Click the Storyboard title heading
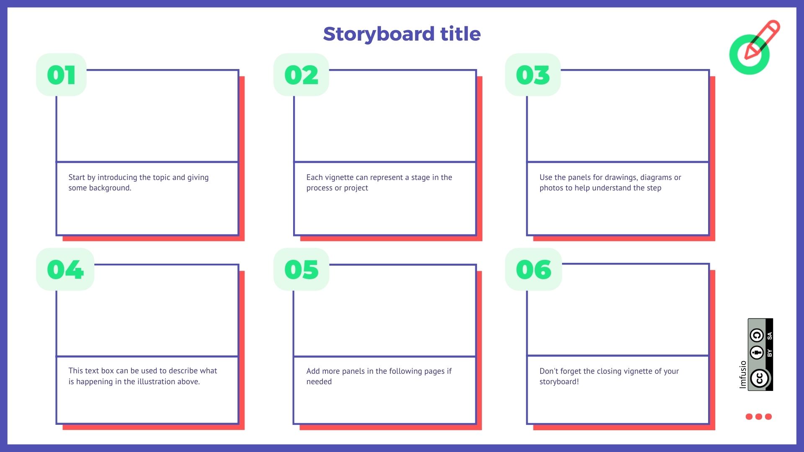point(402,34)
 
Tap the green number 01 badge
point(61,75)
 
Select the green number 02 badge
point(301,75)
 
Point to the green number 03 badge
point(533,75)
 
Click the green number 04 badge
point(65,270)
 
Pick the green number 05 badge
point(301,270)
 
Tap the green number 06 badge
point(533,270)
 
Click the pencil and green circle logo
point(754,47)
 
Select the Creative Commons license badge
point(760,354)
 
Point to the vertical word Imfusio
point(743,375)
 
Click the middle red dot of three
point(759,416)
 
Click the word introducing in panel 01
point(117,177)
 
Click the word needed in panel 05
point(319,382)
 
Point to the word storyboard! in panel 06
point(559,382)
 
